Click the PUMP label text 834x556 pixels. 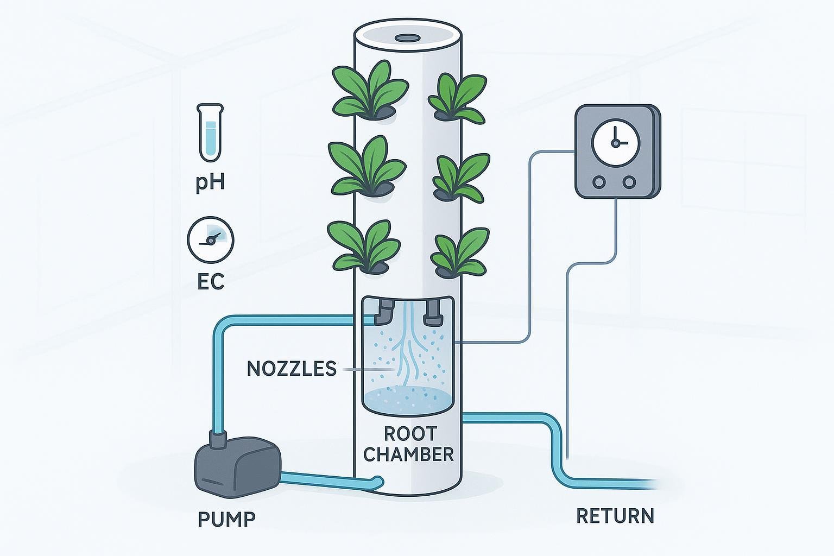tap(226, 519)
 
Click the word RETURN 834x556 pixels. tap(615, 516)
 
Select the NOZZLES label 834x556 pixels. tap(292, 369)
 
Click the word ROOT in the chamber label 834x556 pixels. tap(410, 434)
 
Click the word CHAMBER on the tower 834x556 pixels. tap(408, 454)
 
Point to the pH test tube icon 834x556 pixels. tap(210, 133)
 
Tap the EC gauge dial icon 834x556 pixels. tap(210, 239)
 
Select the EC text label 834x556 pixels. tap(210, 282)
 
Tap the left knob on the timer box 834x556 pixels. tap(599, 182)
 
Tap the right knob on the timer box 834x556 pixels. tap(629, 182)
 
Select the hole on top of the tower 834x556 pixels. tap(405, 38)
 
